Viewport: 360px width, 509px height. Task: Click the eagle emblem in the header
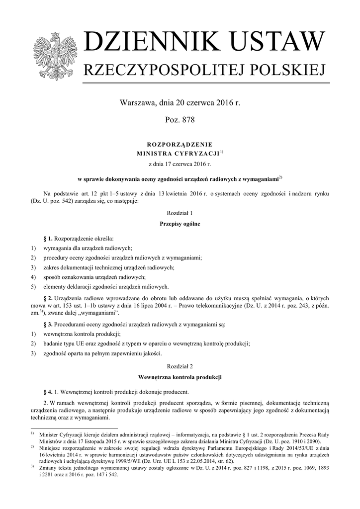tap(55, 56)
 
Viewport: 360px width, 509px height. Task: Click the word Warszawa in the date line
tap(136, 103)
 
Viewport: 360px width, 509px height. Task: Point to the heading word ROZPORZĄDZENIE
tap(180, 144)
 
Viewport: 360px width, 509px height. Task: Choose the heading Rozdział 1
tap(180, 213)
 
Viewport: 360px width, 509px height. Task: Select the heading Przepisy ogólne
tap(180, 224)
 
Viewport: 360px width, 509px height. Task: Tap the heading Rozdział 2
tap(180, 366)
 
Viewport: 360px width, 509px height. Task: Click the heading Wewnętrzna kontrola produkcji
tap(180, 377)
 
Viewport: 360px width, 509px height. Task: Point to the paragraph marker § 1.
tap(48, 238)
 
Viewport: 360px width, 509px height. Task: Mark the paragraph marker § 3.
tap(48, 324)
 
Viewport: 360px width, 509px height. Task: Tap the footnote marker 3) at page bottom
tap(32, 466)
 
